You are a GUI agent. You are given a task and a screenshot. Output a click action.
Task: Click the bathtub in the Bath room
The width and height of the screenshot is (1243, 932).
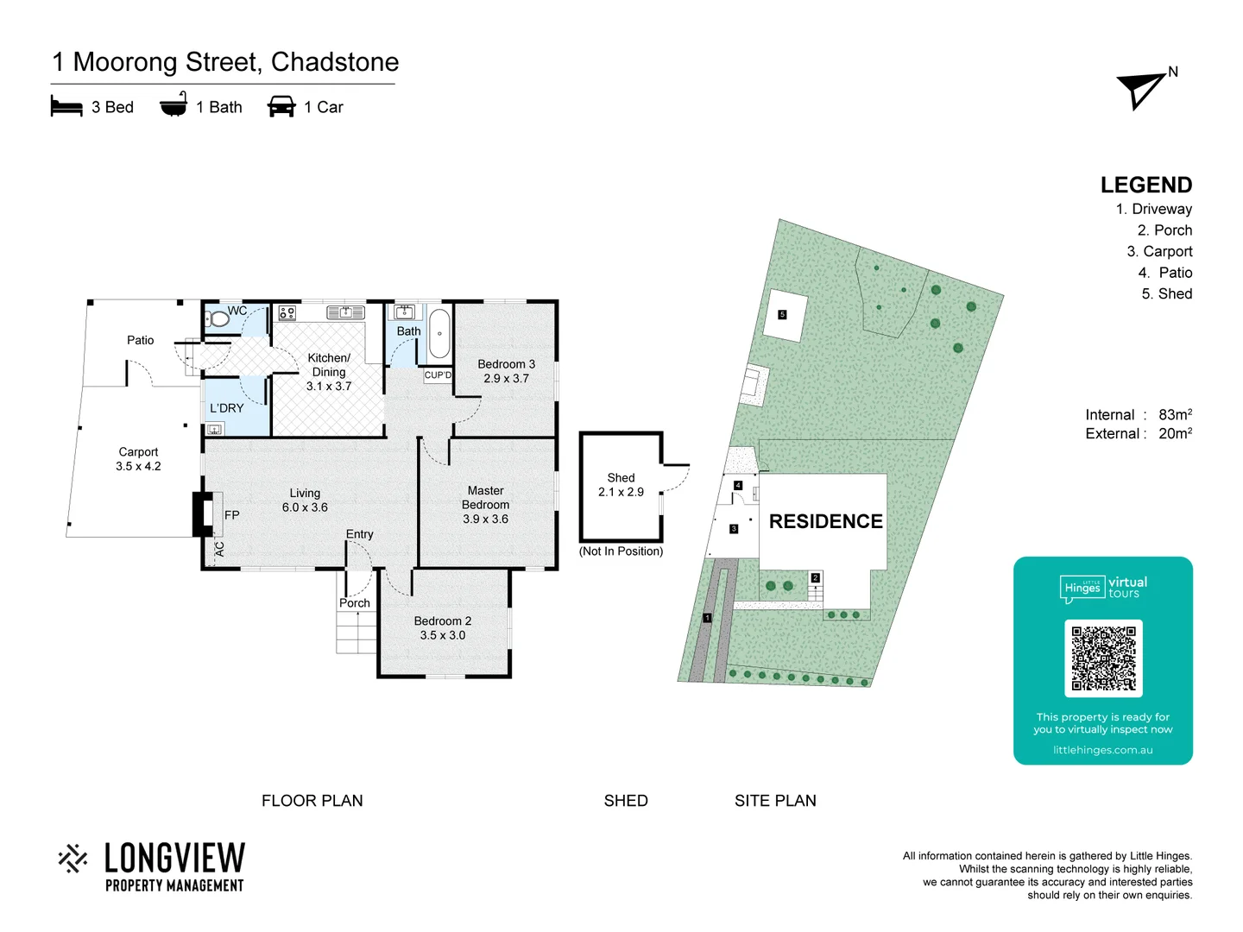click(439, 333)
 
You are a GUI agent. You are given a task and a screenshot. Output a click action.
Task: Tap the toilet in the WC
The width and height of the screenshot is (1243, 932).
click(218, 319)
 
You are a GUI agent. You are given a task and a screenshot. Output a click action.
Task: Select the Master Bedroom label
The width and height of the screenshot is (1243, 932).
click(485, 498)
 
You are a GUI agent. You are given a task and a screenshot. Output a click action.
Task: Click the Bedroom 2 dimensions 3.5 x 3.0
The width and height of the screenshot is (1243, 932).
click(442, 635)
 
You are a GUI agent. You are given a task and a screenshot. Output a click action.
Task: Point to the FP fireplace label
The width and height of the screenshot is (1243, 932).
click(231, 515)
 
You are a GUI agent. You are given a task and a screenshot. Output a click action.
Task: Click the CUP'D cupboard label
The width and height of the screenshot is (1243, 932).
click(438, 375)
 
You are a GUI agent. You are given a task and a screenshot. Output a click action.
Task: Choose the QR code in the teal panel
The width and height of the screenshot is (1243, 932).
click(1103, 658)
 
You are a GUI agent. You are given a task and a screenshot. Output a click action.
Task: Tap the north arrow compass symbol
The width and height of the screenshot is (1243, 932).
click(1142, 89)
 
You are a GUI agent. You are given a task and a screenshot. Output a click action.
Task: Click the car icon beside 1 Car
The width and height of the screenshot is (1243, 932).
click(281, 106)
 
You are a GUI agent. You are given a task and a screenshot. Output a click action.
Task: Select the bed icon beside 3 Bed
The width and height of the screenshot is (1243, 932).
click(66, 106)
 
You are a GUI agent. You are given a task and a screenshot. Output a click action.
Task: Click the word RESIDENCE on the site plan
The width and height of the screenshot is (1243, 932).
click(825, 521)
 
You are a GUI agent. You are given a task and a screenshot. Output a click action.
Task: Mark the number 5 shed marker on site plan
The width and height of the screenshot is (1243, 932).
click(782, 315)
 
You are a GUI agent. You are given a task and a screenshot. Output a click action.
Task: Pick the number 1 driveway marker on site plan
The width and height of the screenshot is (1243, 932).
click(707, 618)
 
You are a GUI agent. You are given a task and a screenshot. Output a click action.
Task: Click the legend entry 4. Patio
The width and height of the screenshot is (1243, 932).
click(1164, 273)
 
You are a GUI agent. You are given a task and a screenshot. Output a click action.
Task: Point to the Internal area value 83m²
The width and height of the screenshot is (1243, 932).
click(1175, 415)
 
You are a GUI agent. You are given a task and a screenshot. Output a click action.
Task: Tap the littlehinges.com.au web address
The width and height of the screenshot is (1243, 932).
click(1102, 750)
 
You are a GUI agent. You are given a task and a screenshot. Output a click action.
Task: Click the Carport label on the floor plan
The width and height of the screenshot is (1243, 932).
click(138, 452)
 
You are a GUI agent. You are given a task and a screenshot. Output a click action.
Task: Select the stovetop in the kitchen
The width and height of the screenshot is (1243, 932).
click(287, 312)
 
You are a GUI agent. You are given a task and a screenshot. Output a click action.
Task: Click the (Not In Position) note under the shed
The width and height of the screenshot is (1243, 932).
click(621, 551)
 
